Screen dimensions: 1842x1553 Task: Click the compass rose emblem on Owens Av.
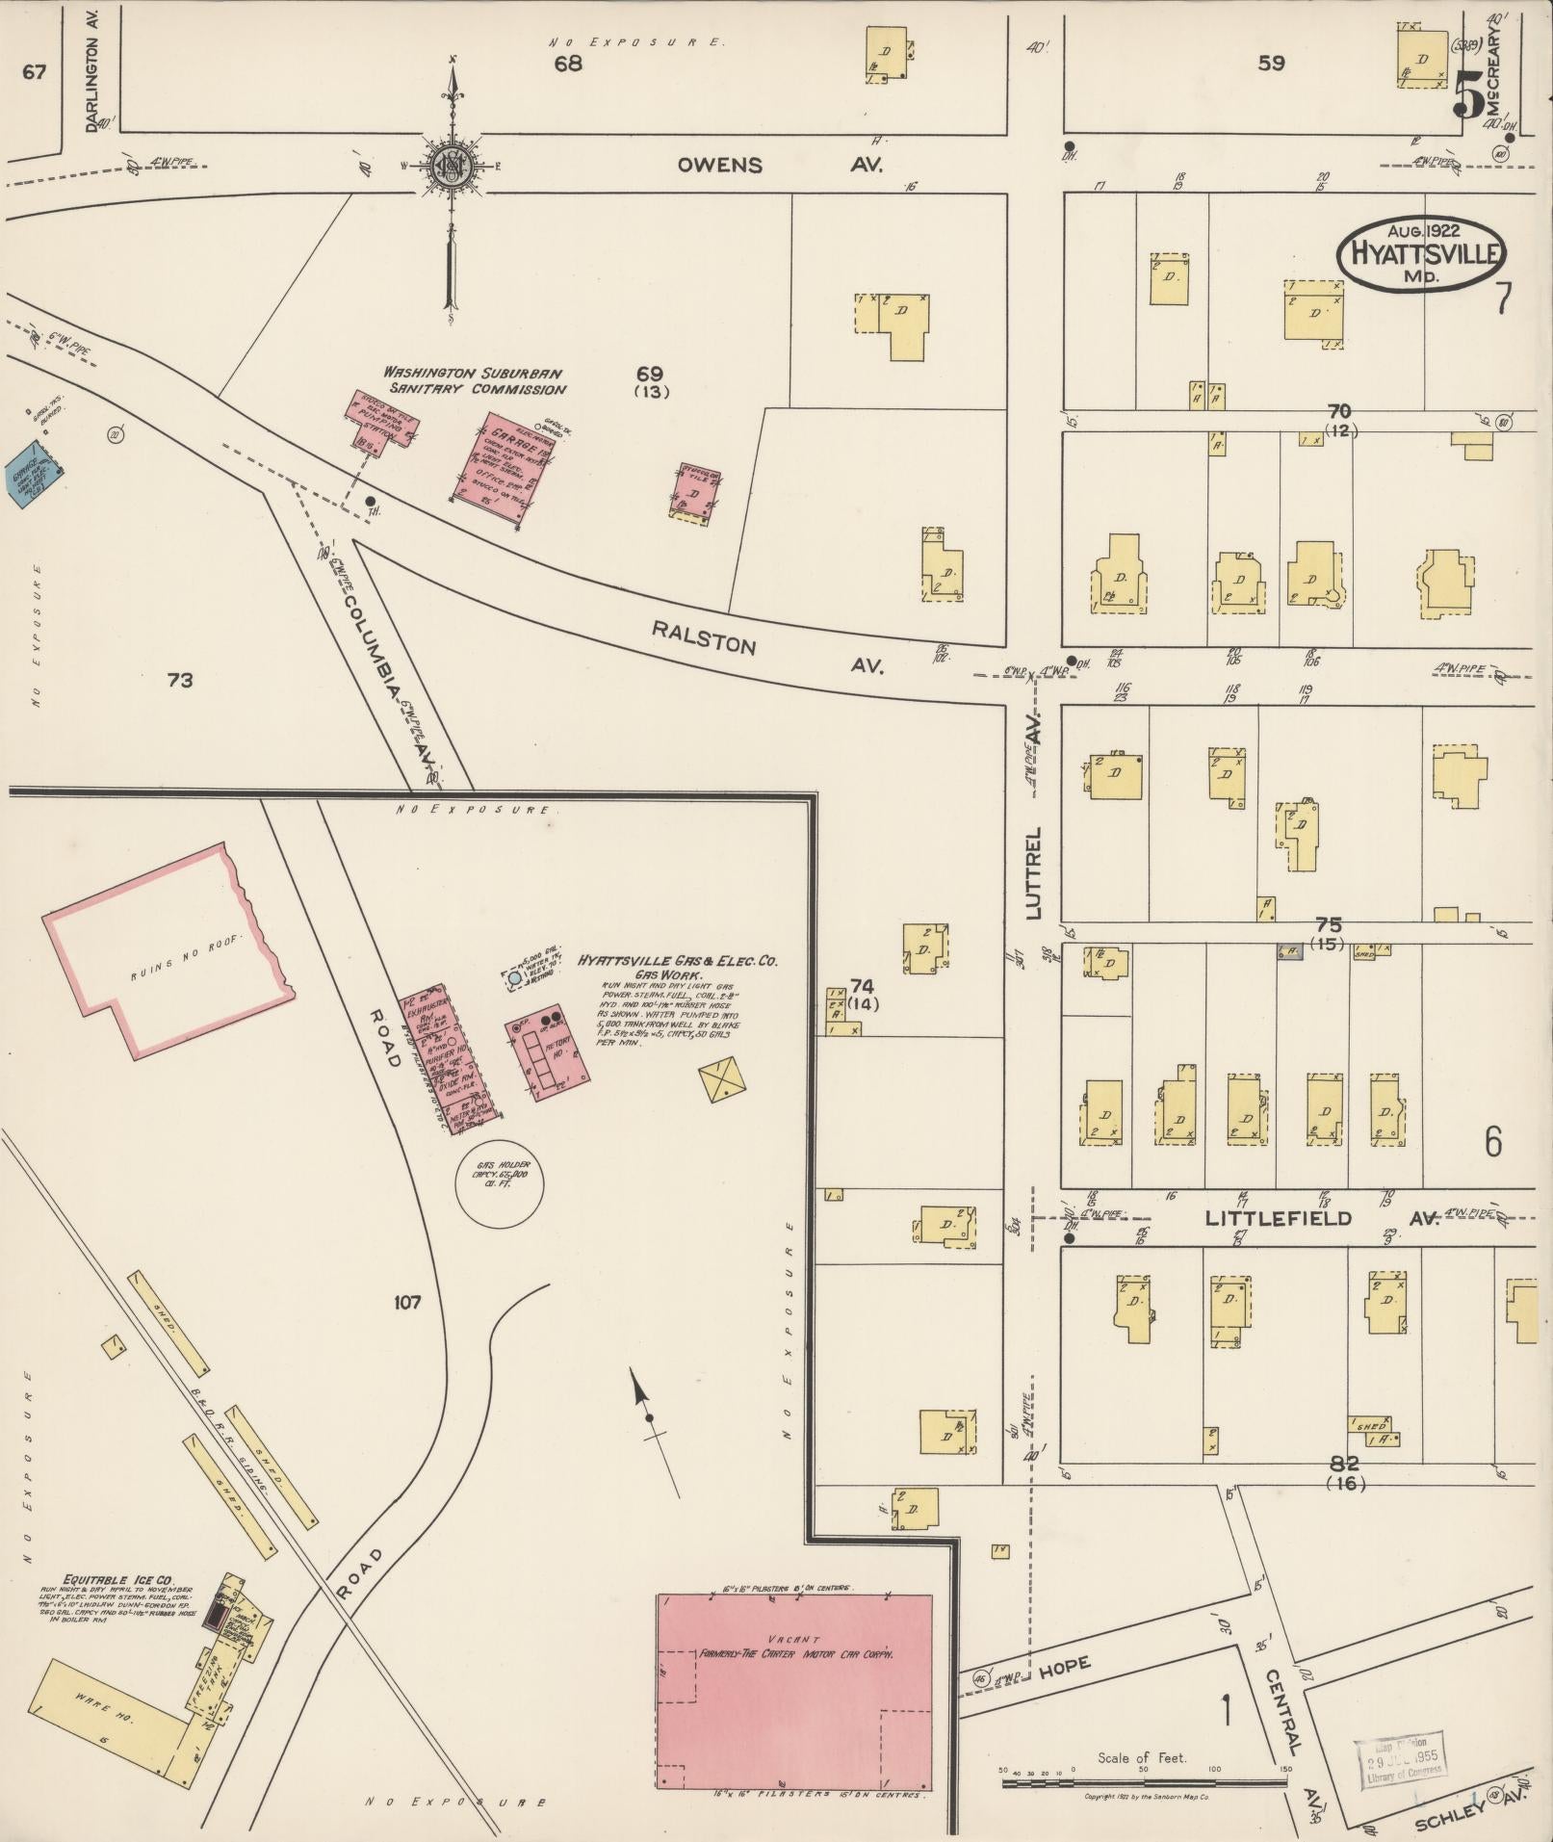tap(451, 167)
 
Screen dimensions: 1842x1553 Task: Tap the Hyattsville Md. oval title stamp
tap(1423, 253)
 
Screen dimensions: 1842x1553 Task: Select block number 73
tap(180, 681)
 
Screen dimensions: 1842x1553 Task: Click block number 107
tap(407, 1302)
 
